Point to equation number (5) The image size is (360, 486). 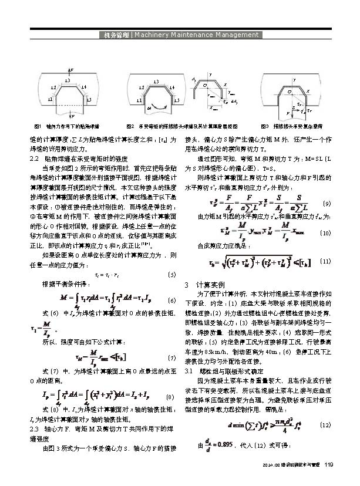point(171,274)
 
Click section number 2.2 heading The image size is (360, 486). point(35,158)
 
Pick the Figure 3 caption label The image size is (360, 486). point(264,126)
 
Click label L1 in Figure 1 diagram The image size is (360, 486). point(51,100)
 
